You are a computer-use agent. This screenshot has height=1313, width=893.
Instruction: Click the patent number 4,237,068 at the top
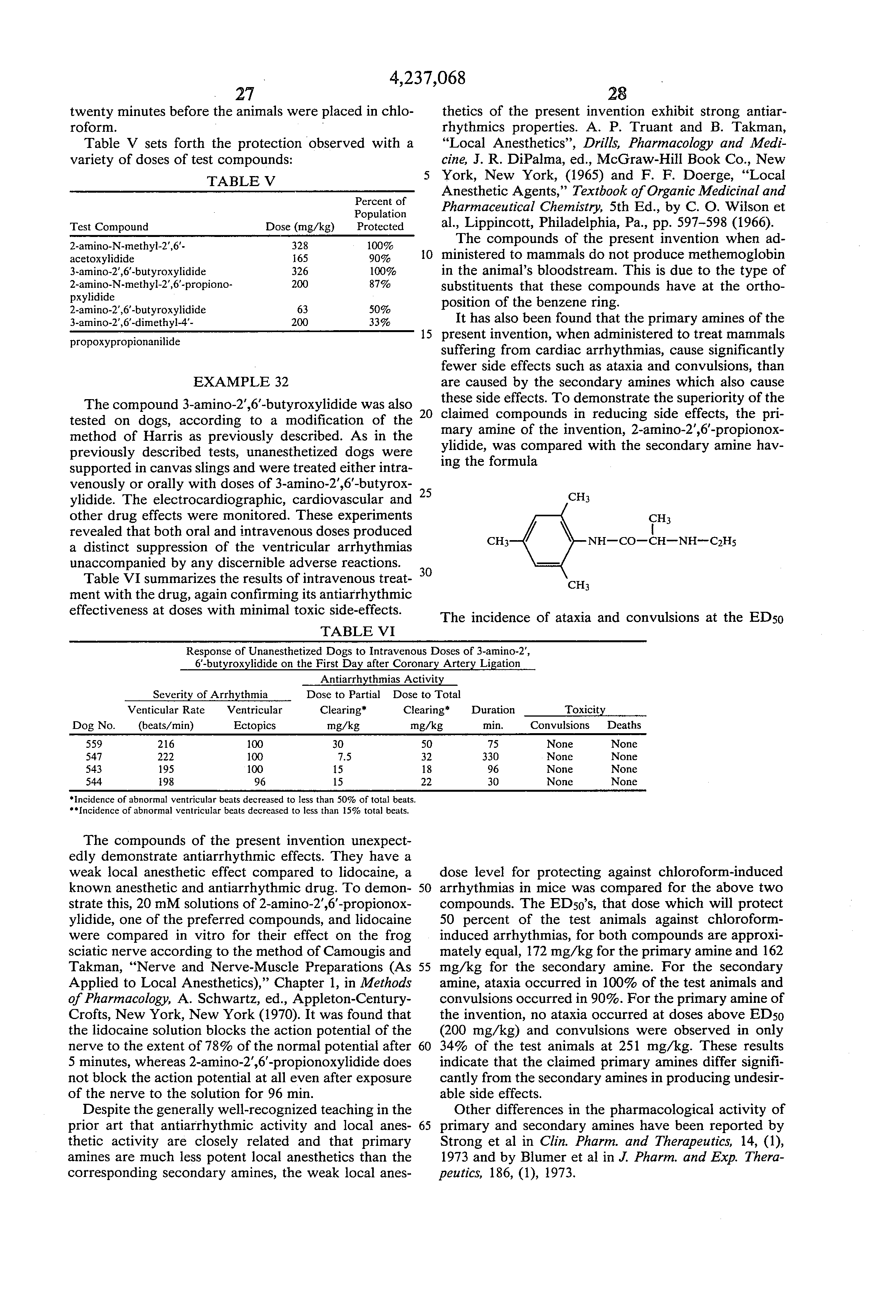[x=427, y=78]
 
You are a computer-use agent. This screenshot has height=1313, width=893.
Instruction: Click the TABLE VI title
[x=357, y=631]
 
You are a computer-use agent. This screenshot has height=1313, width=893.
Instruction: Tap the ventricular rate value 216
[x=166, y=744]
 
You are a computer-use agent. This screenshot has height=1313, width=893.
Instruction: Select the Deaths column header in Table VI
[x=624, y=725]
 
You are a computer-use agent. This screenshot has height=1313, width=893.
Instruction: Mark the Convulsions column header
[x=559, y=725]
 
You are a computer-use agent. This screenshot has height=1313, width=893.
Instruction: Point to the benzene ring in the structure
[x=548, y=541]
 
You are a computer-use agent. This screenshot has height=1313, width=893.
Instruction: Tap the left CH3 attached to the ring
[x=497, y=541]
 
